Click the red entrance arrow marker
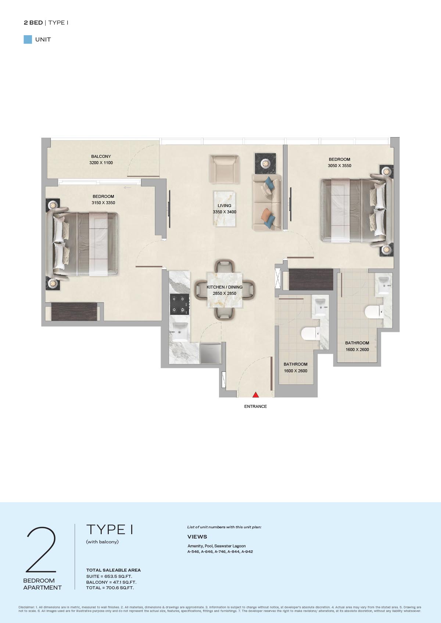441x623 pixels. [255, 395]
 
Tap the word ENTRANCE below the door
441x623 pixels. [255, 406]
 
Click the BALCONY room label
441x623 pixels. [101, 156]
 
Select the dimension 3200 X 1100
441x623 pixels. [101, 163]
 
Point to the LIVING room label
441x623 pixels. [225, 206]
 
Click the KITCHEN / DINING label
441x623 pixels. [225, 287]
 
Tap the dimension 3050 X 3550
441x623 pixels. [339, 166]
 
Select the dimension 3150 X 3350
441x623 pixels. [103, 203]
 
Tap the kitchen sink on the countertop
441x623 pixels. [180, 332]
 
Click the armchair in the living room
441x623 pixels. [225, 169]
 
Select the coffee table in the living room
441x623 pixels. [225, 209]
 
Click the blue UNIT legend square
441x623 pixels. [28, 40]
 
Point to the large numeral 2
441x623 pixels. [41, 550]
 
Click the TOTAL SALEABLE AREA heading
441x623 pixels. [113, 570]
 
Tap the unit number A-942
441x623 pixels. [247, 551]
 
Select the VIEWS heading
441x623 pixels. [197, 537]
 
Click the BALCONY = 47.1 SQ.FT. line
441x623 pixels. [111, 582]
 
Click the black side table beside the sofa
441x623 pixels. [265, 163]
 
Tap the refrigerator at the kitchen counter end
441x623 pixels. [211, 353]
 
